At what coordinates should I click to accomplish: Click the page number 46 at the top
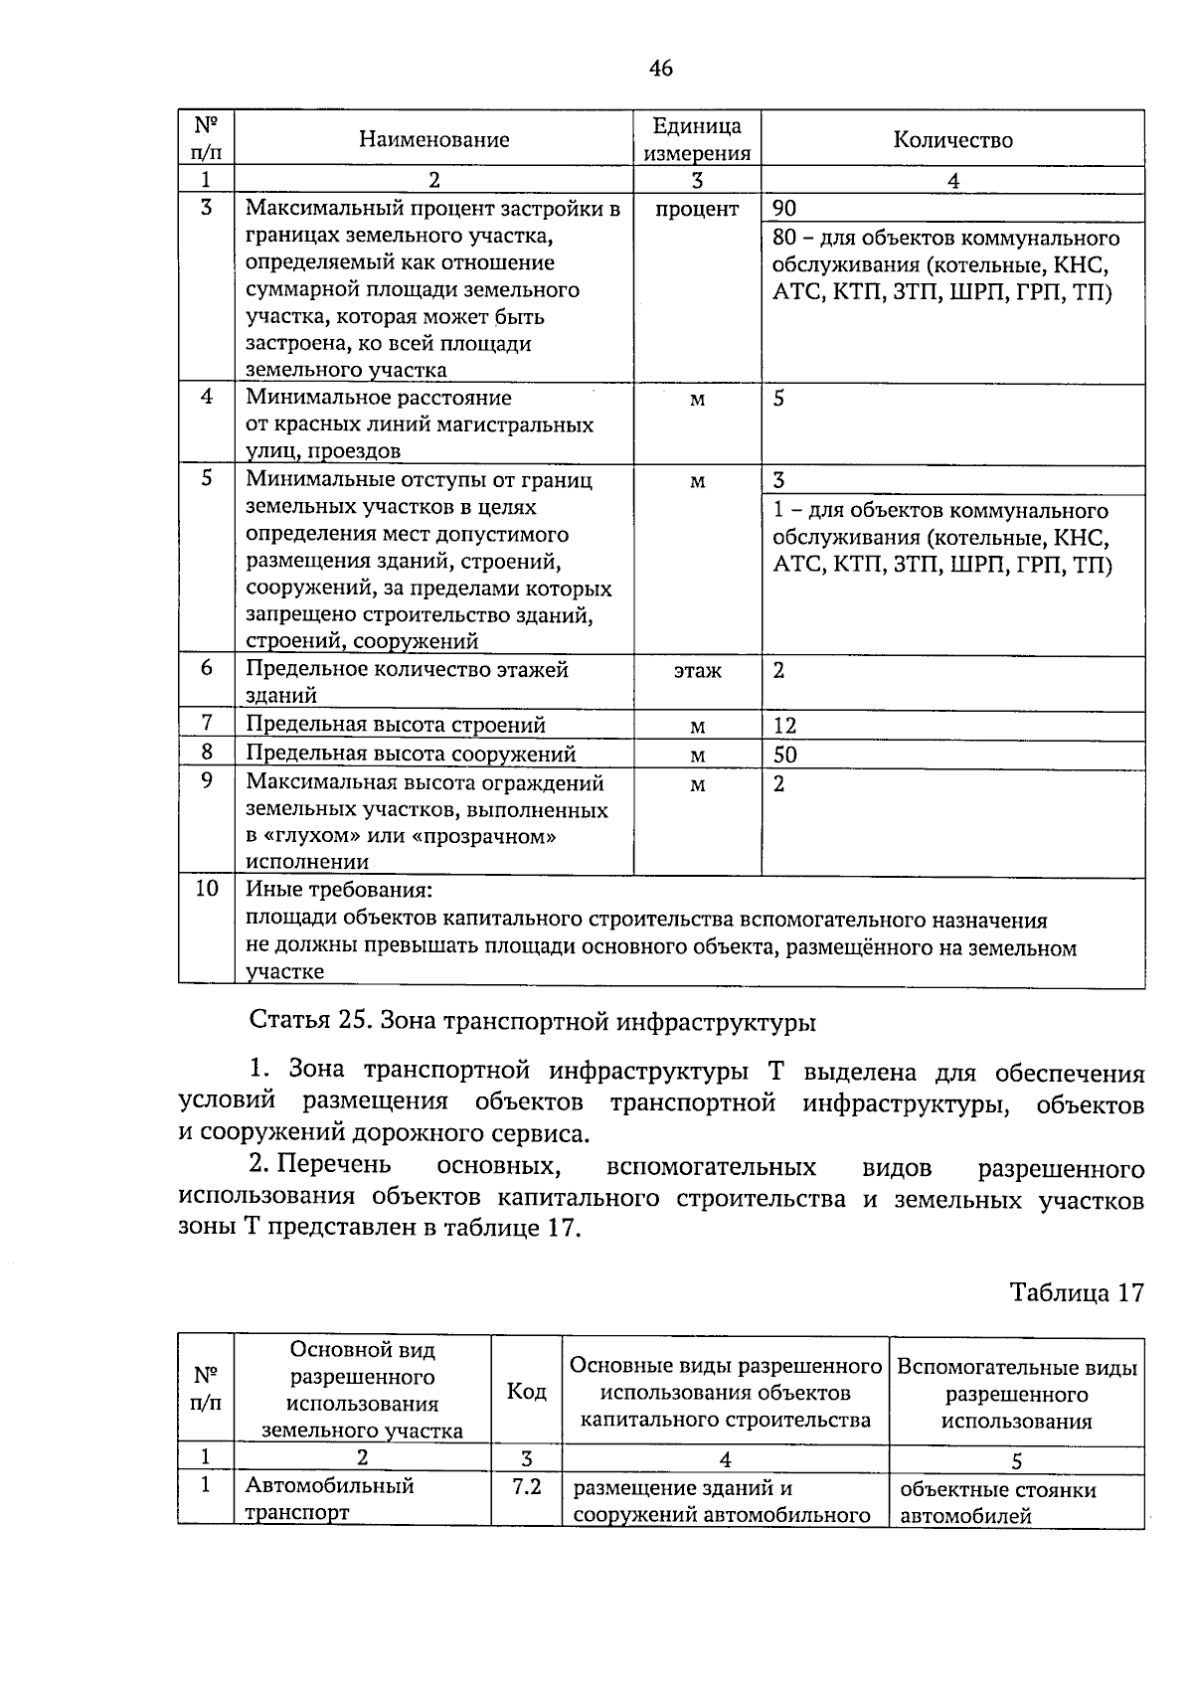(x=660, y=69)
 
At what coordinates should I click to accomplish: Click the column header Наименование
(x=433, y=140)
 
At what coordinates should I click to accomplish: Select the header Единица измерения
(x=697, y=139)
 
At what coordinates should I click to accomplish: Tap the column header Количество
(x=952, y=140)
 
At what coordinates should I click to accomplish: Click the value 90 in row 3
(x=784, y=209)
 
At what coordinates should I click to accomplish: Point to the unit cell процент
(x=697, y=209)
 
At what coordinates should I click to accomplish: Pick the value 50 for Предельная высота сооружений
(x=784, y=755)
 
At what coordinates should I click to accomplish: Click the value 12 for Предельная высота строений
(x=784, y=726)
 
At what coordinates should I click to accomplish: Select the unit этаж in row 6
(x=697, y=671)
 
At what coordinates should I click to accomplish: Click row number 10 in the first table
(x=206, y=889)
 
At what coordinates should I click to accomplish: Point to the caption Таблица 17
(x=1077, y=1292)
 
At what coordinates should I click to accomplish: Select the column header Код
(x=526, y=1391)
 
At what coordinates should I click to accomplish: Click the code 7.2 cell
(x=526, y=1488)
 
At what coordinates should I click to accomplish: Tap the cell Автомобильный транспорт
(x=330, y=1499)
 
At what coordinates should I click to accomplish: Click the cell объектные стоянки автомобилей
(x=997, y=1502)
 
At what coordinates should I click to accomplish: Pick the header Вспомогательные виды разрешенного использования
(x=1016, y=1394)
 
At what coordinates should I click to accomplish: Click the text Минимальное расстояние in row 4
(x=379, y=398)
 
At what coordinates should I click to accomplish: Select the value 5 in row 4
(x=779, y=399)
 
